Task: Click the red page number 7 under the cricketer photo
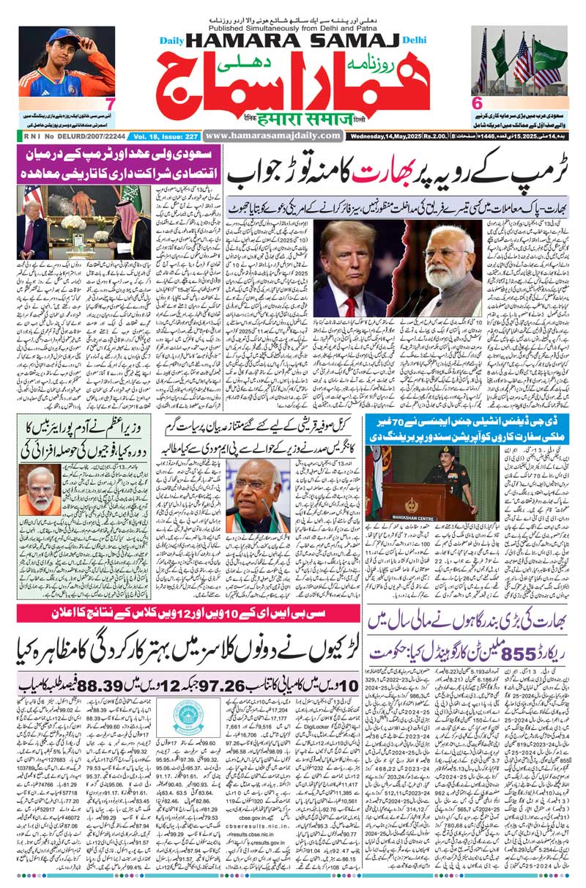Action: coord(108,103)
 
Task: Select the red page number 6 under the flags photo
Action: coord(476,103)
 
